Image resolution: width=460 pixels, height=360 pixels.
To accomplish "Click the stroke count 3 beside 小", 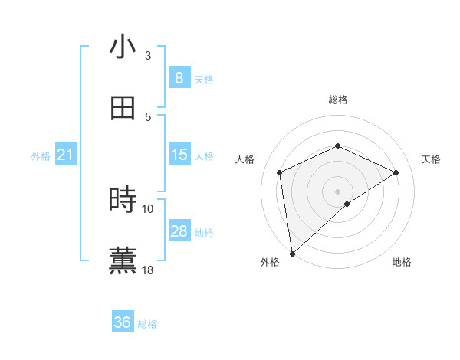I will click(148, 56).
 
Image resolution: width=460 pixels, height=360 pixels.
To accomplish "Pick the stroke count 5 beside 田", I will click(148, 116).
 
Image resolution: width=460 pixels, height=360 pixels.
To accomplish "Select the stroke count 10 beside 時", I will click(148, 208).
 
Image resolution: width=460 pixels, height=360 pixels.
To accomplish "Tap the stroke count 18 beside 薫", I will click(148, 270).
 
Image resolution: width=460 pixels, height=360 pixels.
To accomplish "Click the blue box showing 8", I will click(179, 78).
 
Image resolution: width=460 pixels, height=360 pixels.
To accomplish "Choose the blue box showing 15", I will click(179, 155).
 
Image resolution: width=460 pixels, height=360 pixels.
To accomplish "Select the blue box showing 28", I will click(179, 231).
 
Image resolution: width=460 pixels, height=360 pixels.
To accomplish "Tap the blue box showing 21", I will click(66, 155).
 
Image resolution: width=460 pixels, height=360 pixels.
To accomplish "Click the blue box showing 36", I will click(123, 322).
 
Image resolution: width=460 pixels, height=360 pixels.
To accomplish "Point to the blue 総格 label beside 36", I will click(148, 324).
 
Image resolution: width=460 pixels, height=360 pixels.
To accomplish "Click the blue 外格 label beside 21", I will click(41, 156).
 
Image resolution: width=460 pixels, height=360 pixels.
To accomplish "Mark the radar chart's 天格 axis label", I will click(431, 159).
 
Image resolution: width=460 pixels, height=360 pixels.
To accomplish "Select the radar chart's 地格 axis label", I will click(402, 262).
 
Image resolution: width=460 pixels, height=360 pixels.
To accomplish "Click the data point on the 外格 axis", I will click(292, 254).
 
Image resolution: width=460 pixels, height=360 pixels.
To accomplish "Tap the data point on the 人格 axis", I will click(280, 172).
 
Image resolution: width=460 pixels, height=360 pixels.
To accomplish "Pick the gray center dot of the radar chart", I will click(337, 191).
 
